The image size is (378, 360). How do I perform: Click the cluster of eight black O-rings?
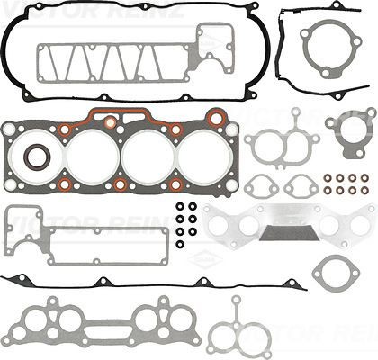pyautogui.click(x=186, y=225)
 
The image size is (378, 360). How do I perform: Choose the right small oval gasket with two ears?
pyautogui.click(x=298, y=186)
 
